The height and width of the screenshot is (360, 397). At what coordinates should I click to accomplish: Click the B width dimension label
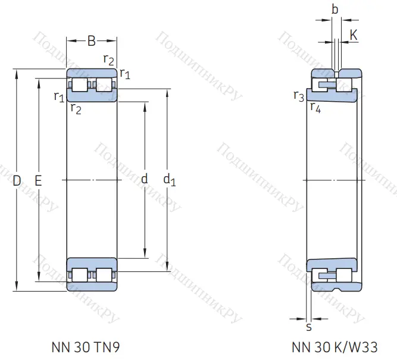click(x=91, y=41)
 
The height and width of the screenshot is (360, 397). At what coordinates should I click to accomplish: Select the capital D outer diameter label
click(x=17, y=180)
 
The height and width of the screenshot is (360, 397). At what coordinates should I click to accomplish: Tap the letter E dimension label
click(x=38, y=180)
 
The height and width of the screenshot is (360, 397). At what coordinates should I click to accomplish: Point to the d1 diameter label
click(x=169, y=179)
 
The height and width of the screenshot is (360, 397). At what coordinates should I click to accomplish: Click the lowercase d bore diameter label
click(x=144, y=179)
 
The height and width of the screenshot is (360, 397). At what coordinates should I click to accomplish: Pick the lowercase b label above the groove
click(x=335, y=10)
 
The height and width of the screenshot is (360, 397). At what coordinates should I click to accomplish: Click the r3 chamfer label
click(x=299, y=96)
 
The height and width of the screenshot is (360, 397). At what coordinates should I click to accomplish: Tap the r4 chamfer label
click(x=315, y=108)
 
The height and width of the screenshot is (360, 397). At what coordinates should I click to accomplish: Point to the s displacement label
click(x=308, y=327)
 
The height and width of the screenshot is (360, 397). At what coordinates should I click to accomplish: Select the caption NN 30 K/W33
click(x=335, y=347)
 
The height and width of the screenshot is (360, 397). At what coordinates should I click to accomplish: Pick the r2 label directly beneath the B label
click(x=108, y=58)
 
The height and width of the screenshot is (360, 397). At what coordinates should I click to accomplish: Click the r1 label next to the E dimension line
click(x=58, y=96)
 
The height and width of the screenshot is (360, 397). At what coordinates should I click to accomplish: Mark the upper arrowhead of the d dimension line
click(x=145, y=105)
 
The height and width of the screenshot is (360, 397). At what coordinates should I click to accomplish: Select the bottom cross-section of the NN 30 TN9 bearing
click(x=92, y=274)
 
